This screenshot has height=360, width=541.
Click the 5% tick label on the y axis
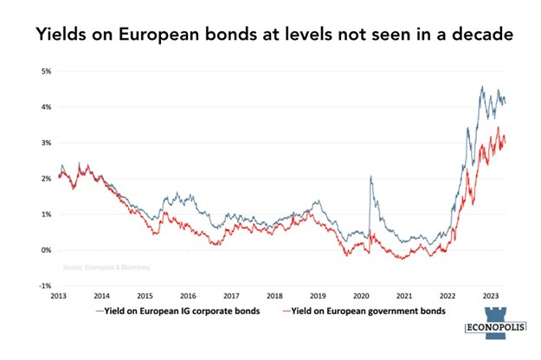[x=46, y=70]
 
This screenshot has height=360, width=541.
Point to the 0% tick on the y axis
[x=46, y=249]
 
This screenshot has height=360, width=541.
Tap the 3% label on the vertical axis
[x=46, y=142]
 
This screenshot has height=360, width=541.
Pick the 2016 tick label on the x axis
[x=188, y=295]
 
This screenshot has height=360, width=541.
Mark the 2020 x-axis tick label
[x=363, y=295]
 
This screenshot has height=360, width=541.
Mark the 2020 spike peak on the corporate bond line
[x=370, y=176]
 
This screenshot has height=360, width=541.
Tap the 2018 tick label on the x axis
[x=275, y=295]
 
